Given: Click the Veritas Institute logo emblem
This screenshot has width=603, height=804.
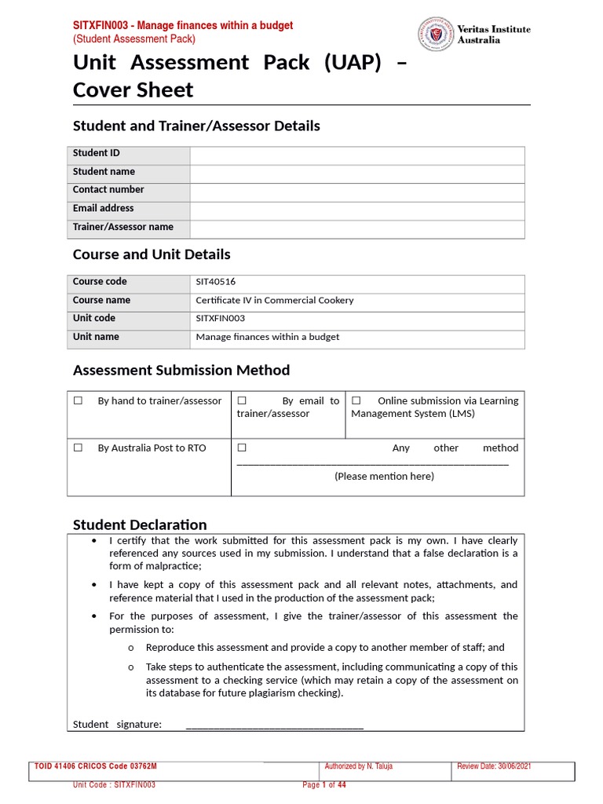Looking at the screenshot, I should coord(435,35).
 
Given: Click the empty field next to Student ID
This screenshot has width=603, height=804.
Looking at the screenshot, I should coord(356,155).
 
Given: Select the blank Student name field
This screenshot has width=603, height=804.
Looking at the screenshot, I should coord(356,173).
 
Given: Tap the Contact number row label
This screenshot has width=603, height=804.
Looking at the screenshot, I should coord(108,190).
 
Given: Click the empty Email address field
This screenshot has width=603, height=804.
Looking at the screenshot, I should coord(356,210).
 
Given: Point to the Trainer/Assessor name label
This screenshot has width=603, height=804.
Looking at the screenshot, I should coord(123,228).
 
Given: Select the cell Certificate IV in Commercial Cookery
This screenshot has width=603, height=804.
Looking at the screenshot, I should coord(275,301).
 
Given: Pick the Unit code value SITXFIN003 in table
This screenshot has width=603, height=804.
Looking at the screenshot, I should coord(221,319).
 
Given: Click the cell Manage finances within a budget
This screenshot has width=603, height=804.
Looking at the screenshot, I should coord(268,338).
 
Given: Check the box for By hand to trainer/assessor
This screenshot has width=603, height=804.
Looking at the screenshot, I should coord(78,401).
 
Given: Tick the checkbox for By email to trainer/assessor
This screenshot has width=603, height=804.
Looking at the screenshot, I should coord(242,401).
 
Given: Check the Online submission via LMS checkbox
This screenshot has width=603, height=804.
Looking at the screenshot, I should coord(356,401).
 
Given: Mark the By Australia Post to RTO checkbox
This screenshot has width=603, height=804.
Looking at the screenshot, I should coord(78,448).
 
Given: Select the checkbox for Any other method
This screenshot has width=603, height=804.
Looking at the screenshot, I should coord(242,448).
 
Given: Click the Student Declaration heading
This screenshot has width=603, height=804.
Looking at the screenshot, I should coord(140,525).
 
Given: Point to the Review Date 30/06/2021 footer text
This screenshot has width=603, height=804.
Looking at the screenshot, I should coord(494,767).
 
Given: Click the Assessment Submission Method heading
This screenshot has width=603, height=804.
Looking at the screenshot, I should coord(181,371).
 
